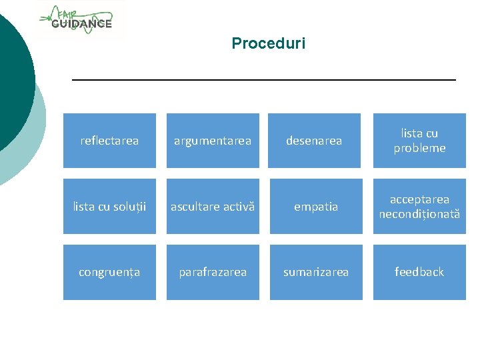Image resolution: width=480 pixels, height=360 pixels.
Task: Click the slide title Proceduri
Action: (x=268, y=44)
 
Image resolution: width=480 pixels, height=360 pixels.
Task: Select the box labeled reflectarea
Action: (x=109, y=141)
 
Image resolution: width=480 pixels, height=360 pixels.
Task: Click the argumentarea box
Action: (x=213, y=141)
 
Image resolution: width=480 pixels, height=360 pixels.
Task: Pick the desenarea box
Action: (x=314, y=141)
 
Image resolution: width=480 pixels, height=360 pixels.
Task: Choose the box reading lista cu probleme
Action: (x=419, y=141)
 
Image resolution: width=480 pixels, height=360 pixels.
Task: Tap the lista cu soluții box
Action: (x=109, y=207)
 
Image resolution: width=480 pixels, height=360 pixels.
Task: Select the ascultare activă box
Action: (x=213, y=207)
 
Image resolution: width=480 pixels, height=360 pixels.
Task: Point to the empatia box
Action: (x=316, y=207)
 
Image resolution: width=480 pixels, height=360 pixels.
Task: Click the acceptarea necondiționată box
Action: (x=419, y=207)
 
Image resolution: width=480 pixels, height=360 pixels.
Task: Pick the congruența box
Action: (x=109, y=272)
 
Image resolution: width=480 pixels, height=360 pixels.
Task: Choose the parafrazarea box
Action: (x=213, y=272)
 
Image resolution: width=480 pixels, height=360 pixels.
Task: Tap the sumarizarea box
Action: (x=316, y=272)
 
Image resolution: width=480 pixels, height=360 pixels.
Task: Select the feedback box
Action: (x=419, y=272)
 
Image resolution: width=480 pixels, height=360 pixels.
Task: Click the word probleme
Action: (x=419, y=148)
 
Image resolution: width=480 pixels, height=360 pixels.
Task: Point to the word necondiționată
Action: (x=419, y=214)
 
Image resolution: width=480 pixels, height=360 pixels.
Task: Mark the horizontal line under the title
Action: (x=263, y=80)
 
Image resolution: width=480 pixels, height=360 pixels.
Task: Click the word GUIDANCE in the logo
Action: (x=81, y=24)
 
